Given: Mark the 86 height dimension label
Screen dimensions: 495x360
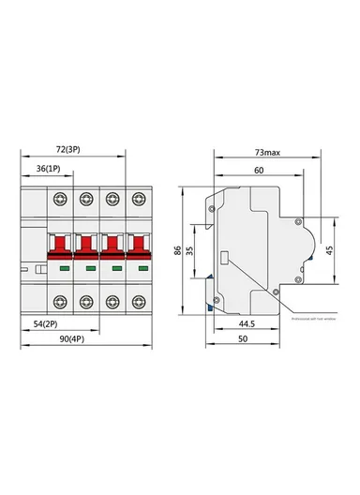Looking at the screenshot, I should pyautogui.click(x=179, y=251).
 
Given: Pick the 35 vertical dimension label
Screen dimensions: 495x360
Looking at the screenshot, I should pyautogui.click(x=190, y=251).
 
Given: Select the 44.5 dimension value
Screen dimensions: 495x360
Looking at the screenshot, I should pyautogui.click(x=247, y=322).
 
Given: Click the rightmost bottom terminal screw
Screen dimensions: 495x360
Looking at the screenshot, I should pyautogui.click(x=140, y=302).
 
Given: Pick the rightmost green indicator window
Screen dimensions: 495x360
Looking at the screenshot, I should pyautogui.click(x=140, y=270).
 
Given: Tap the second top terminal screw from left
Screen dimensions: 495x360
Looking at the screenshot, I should pyautogui.click(x=86, y=198).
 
